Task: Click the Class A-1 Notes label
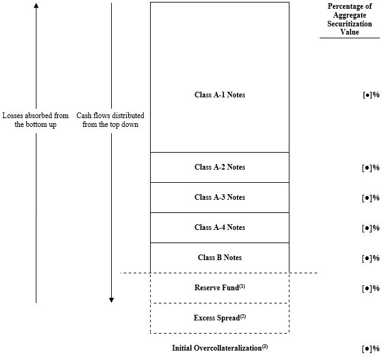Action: [220, 95]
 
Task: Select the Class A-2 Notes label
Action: [220, 167]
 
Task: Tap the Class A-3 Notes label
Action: [220, 197]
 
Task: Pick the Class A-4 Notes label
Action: [220, 227]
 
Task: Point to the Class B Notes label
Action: [220, 258]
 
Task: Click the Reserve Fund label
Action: [220, 287]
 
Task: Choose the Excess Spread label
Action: [220, 317]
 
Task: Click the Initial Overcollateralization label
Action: [220, 347]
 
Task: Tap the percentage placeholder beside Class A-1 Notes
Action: [371, 95]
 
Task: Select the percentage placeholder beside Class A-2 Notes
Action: [370, 168]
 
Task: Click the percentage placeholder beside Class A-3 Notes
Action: [370, 198]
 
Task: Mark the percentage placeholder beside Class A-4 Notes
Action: [370, 228]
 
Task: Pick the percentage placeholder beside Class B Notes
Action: [370, 258]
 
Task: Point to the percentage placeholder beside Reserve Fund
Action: [370, 288]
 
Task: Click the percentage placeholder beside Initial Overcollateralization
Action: [370, 349]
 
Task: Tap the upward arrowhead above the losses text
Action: [36, 5]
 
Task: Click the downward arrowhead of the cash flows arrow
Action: [111, 300]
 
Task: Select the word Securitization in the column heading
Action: [350, 24]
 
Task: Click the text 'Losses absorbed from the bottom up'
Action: [35, 120]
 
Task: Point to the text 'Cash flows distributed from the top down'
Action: [110, 120]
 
